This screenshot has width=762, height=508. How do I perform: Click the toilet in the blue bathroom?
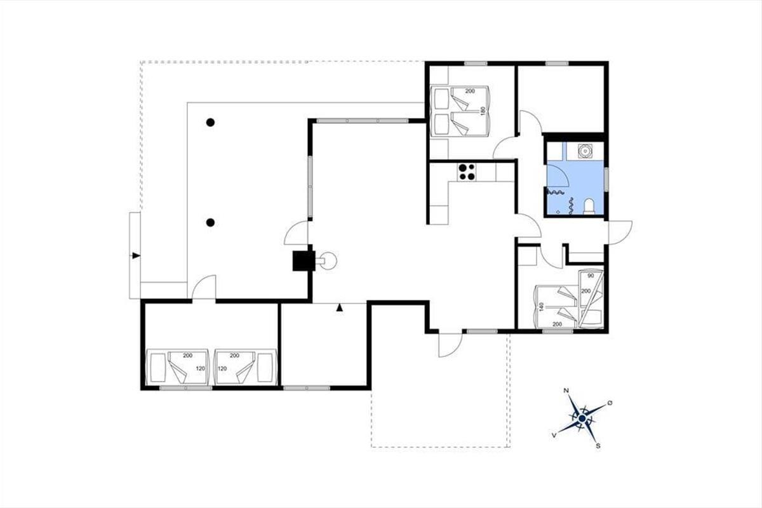[589, 207]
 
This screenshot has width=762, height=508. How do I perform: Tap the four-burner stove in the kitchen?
[466, 172]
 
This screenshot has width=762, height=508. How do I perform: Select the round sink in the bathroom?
[585, 150]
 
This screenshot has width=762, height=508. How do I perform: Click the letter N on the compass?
[566, 391]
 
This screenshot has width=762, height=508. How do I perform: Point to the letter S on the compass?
[598, 446]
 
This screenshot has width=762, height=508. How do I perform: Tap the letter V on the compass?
[554, 435]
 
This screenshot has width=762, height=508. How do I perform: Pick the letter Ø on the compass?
[610, 403]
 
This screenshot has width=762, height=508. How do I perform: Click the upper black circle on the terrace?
[211, 123]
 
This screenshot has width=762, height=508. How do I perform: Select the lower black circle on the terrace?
[211, 222]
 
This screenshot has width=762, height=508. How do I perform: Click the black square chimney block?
[304, 261]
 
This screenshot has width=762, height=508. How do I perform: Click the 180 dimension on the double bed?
[483, 111]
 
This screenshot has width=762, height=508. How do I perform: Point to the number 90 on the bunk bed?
[591, 276]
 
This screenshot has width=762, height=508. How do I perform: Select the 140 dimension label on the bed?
[542, 307]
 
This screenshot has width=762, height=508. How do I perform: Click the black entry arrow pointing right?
[136, 255]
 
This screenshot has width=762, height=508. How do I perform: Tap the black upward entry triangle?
[339, 308]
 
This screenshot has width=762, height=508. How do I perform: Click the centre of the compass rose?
[582, 418]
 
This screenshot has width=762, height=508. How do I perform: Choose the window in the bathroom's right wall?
[606, 179]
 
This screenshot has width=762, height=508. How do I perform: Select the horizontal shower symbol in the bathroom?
[556, 192]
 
